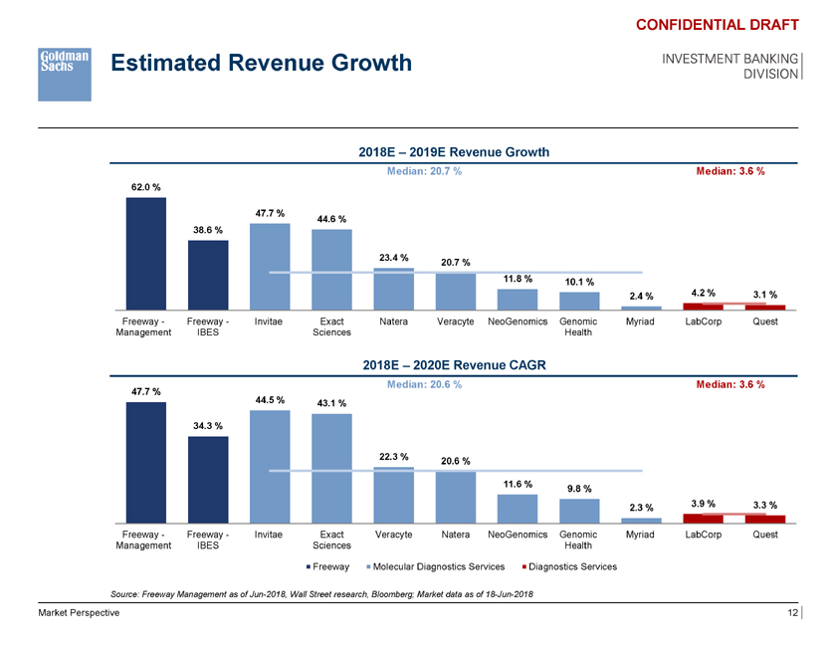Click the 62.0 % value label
(146, 187)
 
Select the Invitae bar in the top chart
(270, 267)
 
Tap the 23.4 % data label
(394, 258)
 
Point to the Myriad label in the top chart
(641, 322)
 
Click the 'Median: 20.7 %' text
(423, 171)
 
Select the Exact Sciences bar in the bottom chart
(331, 468)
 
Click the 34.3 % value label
(209, 426)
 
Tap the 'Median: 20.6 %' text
(423, 384)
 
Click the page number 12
(792, 613)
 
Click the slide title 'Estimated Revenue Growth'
(262, 64)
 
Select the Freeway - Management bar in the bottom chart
(146, 462)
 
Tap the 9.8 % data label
(580, 488)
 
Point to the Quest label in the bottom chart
(765, 535)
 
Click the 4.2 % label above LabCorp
(704, 293)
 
